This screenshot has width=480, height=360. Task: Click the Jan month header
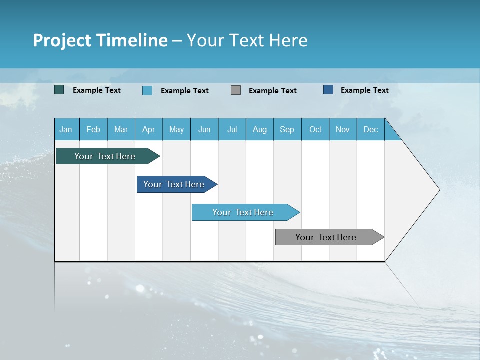[66, 129]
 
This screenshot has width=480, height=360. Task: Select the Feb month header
[93, 129]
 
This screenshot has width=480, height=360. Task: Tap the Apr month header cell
[149, 129]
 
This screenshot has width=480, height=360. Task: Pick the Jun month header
[204, 129]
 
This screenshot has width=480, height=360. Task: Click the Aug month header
[260, 129]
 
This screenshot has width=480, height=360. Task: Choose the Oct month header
[315, 129]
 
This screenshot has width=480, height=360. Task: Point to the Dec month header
[371, 129]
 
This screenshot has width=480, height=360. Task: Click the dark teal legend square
[59, 90]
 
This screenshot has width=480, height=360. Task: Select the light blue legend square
[147, 90]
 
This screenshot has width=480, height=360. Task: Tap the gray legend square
[236, 90]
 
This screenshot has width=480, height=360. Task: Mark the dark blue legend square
[328, 90]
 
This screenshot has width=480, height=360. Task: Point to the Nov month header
[343, 129]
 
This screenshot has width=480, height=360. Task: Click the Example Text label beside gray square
[273, 91]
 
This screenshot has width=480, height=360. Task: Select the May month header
[176, 129]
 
